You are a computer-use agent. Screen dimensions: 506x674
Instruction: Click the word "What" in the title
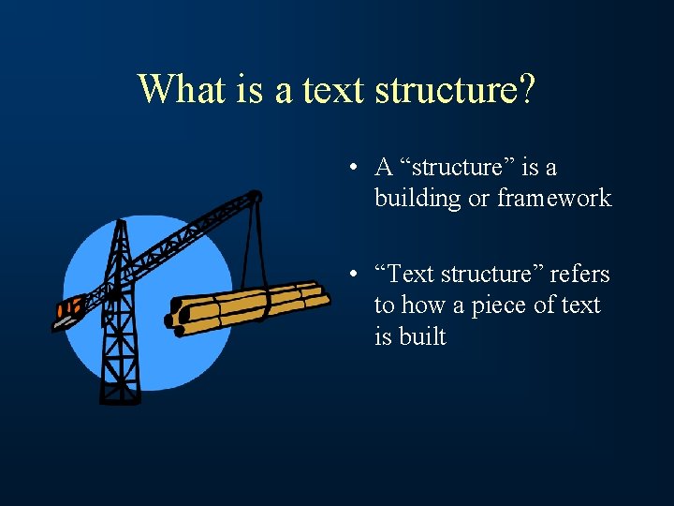click(180, 89)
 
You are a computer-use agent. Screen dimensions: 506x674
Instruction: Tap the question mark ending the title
click(526, 89)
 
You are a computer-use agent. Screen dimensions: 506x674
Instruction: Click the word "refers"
click(579, 275)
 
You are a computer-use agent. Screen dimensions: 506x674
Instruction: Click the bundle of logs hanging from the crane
click(248, 305)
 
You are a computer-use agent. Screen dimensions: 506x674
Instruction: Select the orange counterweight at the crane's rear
click(68, 307)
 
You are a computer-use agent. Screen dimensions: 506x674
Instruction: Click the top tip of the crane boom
click(256, 194)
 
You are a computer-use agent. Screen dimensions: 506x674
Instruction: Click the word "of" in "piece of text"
click(553, 305)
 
